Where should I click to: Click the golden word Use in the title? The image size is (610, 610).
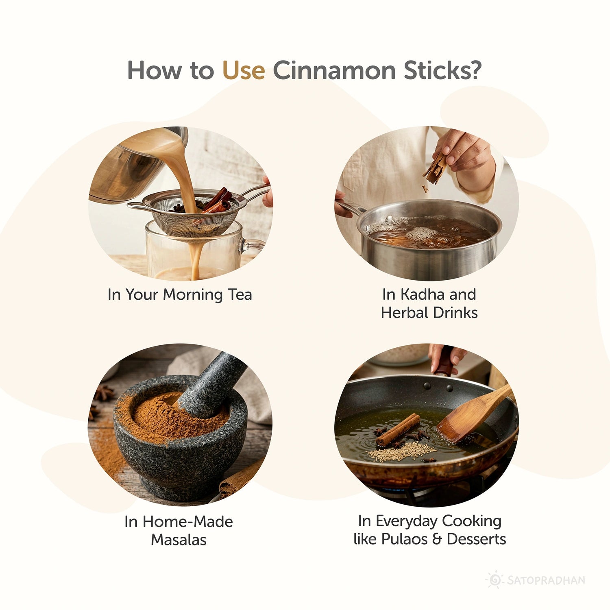point(243,70)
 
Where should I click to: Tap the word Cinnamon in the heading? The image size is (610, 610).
point(334,70)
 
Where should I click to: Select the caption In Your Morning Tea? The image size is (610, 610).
point(179,294)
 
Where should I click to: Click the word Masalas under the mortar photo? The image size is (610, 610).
point(179,540)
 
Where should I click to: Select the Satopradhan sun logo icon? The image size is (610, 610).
point(495,579)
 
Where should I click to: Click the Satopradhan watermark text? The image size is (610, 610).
point(546,580)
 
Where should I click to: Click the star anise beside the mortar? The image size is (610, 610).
point(104,393)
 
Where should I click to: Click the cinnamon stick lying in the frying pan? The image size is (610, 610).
point(398,429)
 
